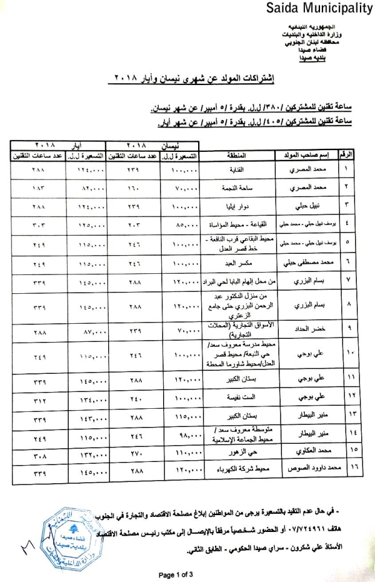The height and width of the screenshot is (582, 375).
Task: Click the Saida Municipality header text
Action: pyautogui.click(x=319, y=8)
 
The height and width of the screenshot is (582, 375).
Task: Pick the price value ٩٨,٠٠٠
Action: pyautogui.click(x=181, y=432)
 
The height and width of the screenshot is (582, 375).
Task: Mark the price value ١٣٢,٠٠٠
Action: pyautogui.click(x=87, y=449)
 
